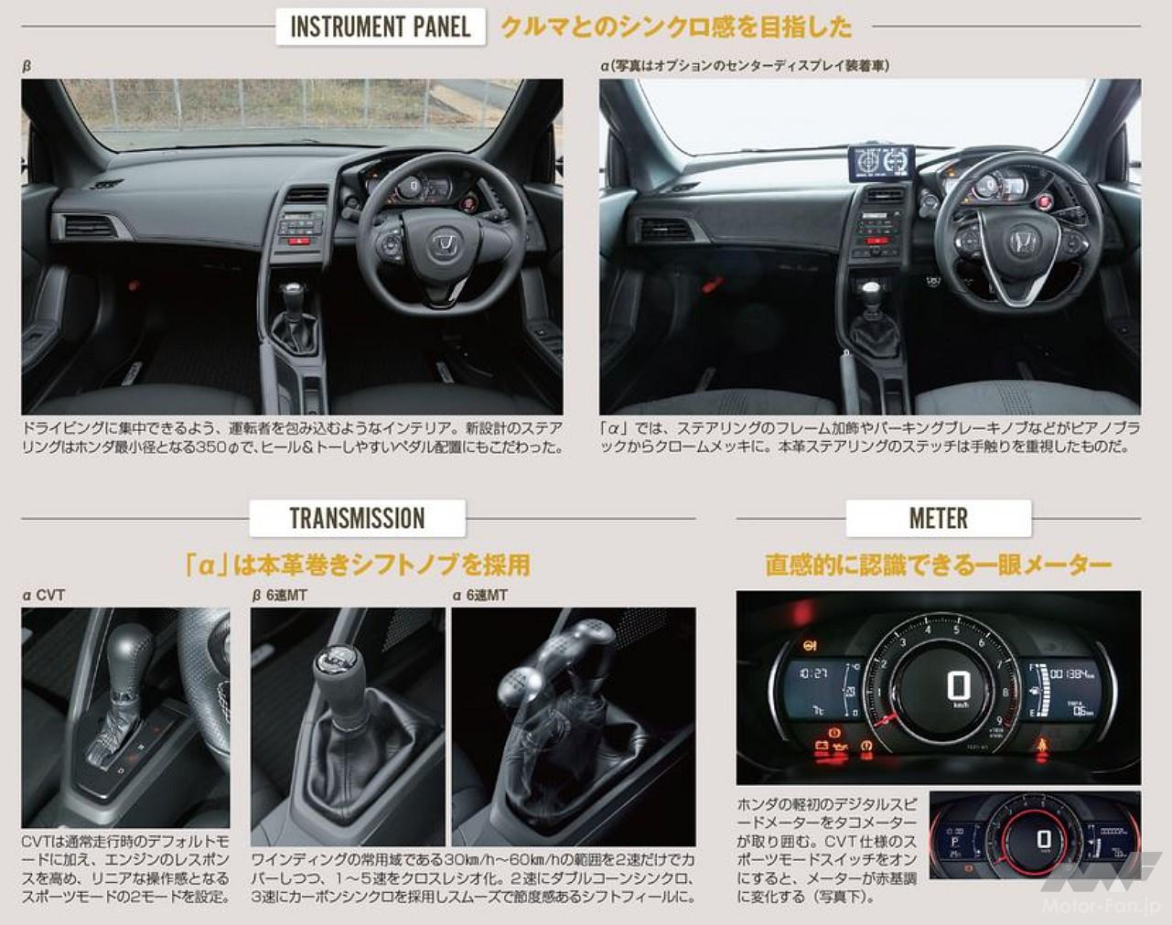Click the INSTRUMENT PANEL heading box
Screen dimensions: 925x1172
point(380,27)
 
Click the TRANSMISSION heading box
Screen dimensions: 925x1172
point(357,518)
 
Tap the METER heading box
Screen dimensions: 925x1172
point(938,518)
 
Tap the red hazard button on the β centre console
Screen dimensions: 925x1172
point(298,241)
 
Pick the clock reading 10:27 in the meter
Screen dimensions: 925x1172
point(813,672)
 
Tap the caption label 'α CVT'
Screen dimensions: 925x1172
point(44,596)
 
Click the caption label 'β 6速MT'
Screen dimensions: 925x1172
point(279,596)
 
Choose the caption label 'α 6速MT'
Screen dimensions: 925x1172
point(480,596)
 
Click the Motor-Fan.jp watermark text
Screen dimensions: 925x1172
point(1102,906)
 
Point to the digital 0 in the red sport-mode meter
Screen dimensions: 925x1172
point(1044,839)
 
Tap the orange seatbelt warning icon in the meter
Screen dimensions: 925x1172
point(1041,746)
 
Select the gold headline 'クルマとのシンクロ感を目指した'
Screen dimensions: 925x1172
point(676,27)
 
